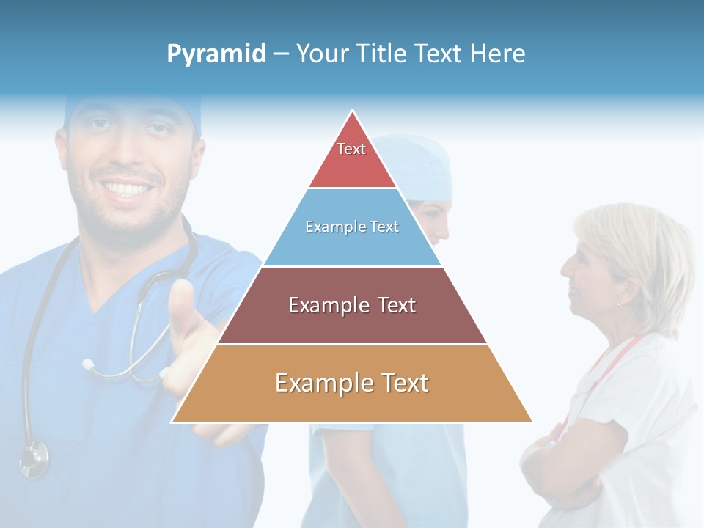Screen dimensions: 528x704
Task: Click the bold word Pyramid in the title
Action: click(216, 54)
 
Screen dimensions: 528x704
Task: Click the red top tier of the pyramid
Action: click(352, 165)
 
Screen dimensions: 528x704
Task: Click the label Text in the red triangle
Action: click(351, 149)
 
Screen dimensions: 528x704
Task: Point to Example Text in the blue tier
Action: click(352, 227)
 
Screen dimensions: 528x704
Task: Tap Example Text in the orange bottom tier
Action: click(352, 383)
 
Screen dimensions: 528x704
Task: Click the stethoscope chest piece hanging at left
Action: click(33, 460)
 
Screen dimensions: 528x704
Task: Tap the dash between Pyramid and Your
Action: click(281, 54)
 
